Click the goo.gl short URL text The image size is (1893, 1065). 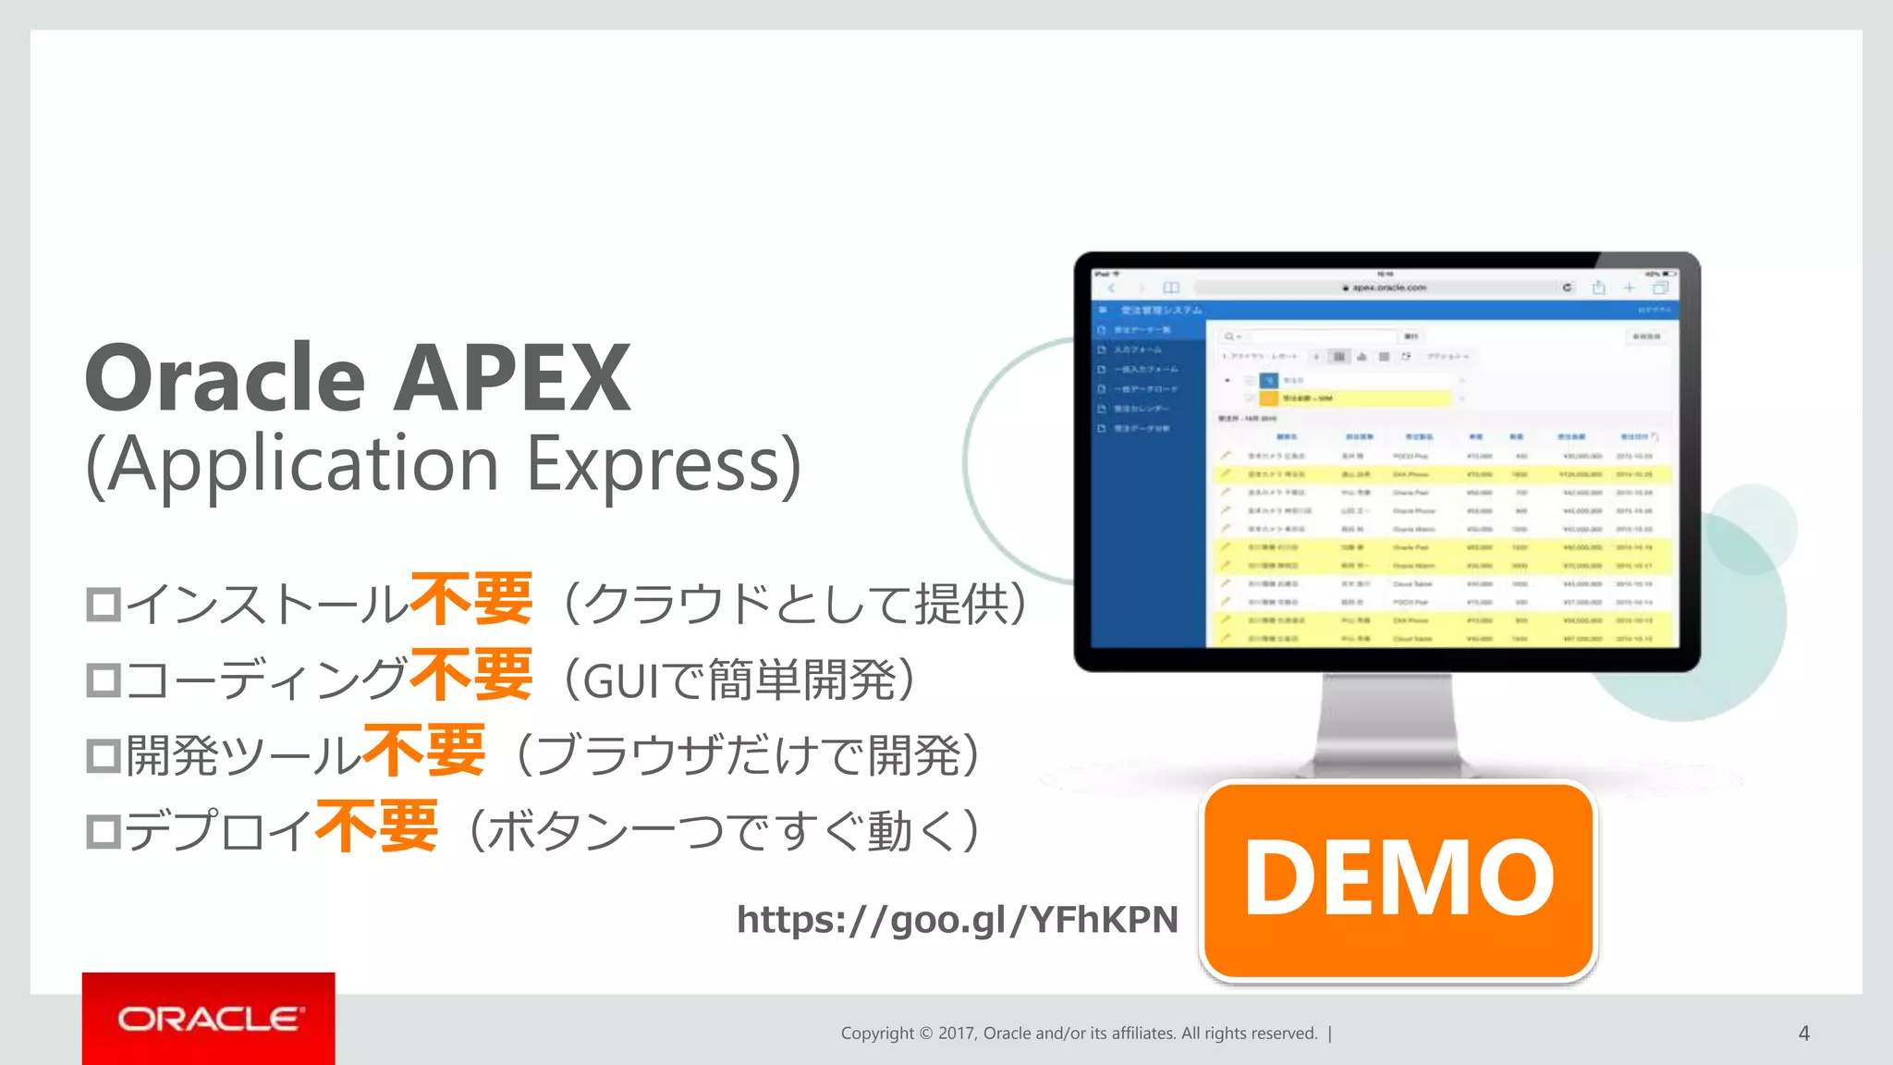point(958,919)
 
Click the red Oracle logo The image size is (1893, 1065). point(209,1019)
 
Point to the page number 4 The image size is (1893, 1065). point(1803,1034)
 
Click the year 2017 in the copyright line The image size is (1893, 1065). point(957,1034)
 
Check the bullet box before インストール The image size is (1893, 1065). point(104,605)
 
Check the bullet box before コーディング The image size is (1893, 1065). point(104,680)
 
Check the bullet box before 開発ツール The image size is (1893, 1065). point(104,755)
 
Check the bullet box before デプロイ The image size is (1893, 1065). point(104,831)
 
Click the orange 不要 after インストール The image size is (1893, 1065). point(471,599)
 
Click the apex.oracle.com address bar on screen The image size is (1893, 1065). point(1384,288)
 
